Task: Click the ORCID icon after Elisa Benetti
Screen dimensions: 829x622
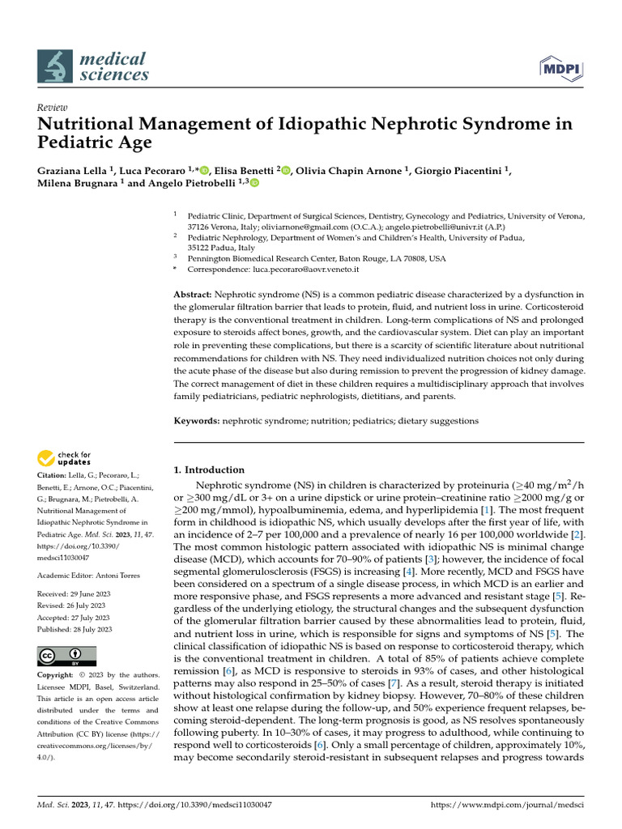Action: tap(286, 170)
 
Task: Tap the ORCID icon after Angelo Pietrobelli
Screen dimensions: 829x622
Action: tap(254, 184)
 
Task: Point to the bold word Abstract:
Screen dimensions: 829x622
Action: tap(193, 294)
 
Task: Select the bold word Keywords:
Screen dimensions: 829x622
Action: tap(197, 421)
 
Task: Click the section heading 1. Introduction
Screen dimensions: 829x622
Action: tap(209, 470)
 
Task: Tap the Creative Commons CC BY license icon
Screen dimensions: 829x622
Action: tap(66, 655)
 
